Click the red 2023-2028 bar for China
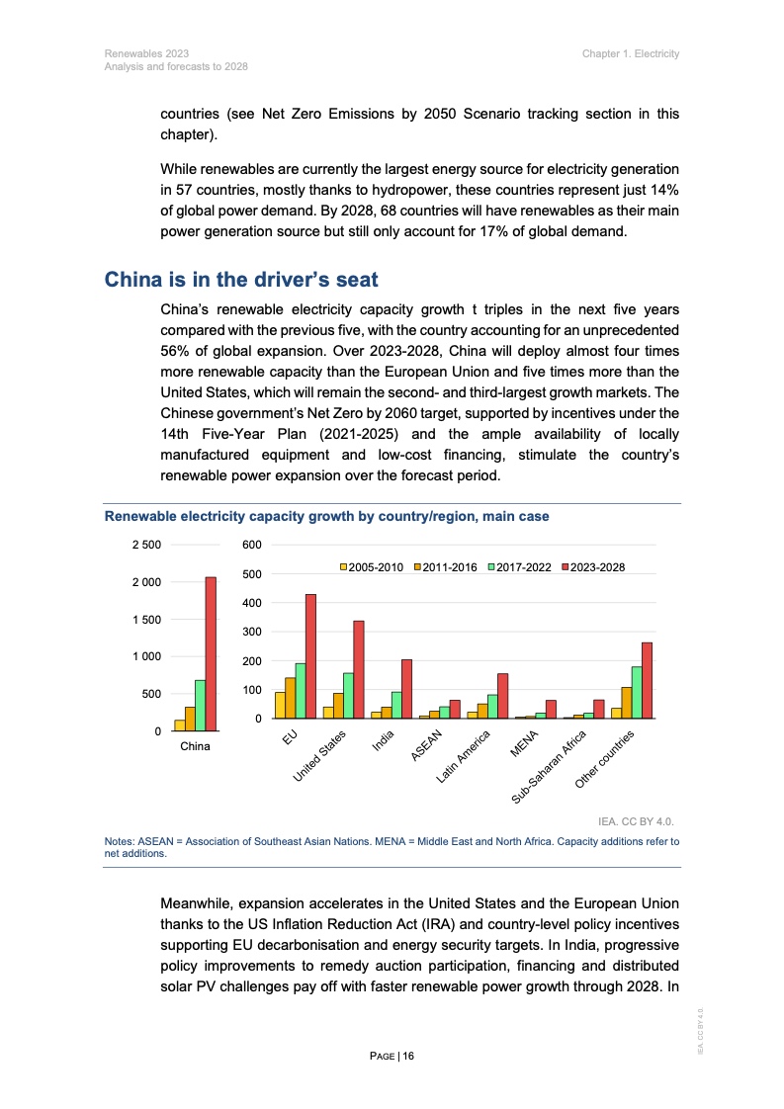tap(211, 653)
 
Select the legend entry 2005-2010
tap(372, 567)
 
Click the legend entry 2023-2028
tap(593, 567)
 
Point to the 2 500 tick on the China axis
tap(147, 545)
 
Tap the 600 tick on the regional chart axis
tap(251, 545)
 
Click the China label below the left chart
tap(195, 746)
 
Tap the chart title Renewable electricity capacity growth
tap(327, 516)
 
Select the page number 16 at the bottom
tap(408, 1056)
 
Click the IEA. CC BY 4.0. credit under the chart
tap(639, 820)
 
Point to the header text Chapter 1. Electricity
tap(631, 52)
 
